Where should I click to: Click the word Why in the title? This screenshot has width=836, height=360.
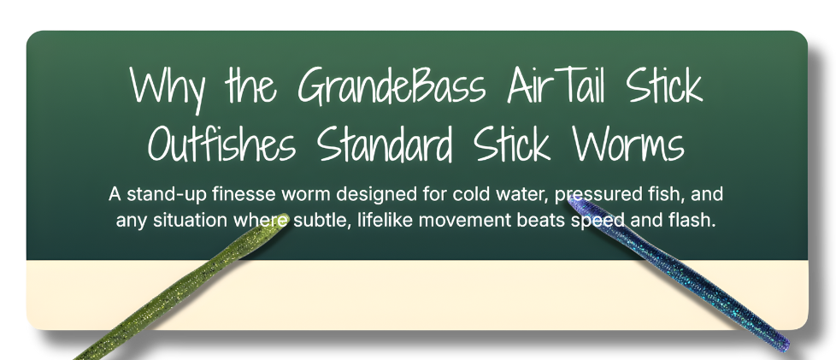[165, 88]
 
